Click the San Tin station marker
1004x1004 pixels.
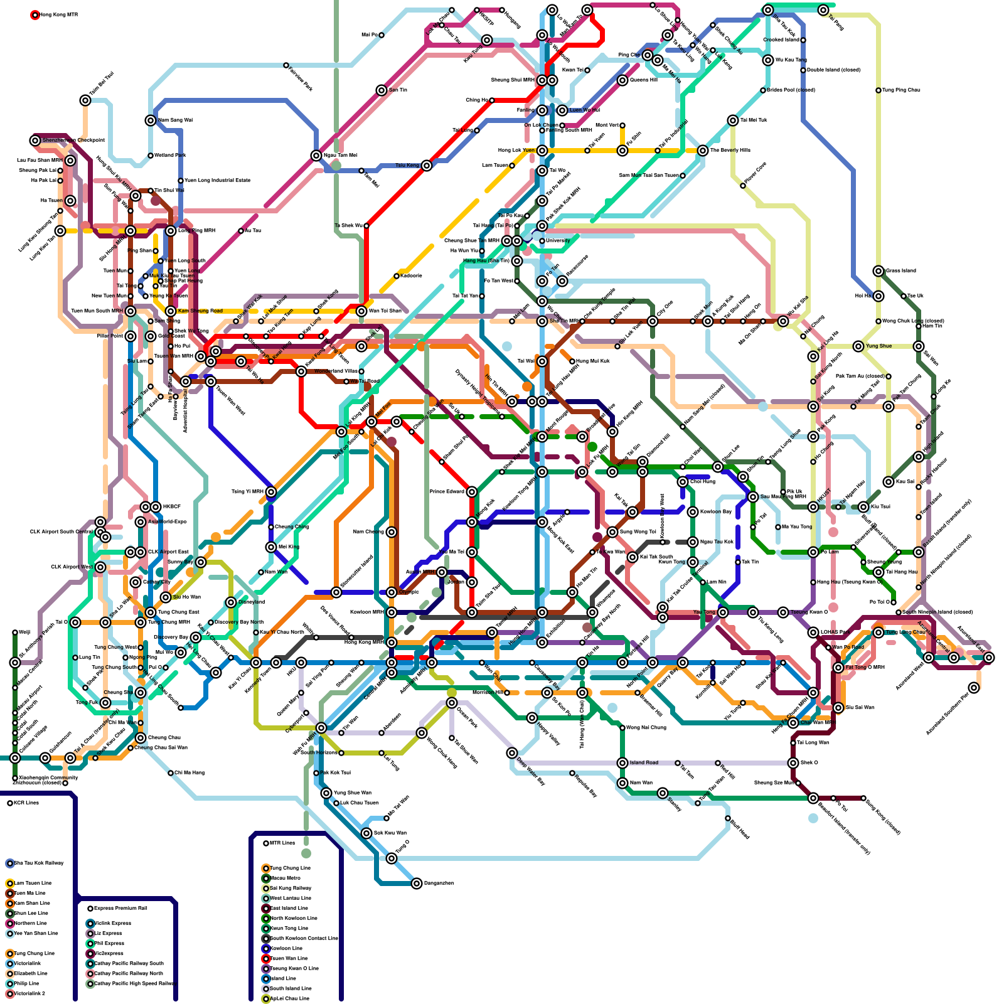382,90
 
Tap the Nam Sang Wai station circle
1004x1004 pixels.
151,120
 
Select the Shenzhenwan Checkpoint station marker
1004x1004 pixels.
35,141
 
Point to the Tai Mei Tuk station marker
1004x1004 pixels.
733,120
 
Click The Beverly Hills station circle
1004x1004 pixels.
703,151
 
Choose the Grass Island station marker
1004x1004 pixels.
878,271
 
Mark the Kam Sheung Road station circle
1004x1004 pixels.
171,311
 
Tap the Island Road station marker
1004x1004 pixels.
622,763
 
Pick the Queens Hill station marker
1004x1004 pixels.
622,80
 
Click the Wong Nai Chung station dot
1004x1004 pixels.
622,728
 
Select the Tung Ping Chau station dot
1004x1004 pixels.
878,90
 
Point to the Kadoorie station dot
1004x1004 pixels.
397,276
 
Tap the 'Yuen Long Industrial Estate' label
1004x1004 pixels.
217,181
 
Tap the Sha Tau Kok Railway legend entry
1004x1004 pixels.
38,863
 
